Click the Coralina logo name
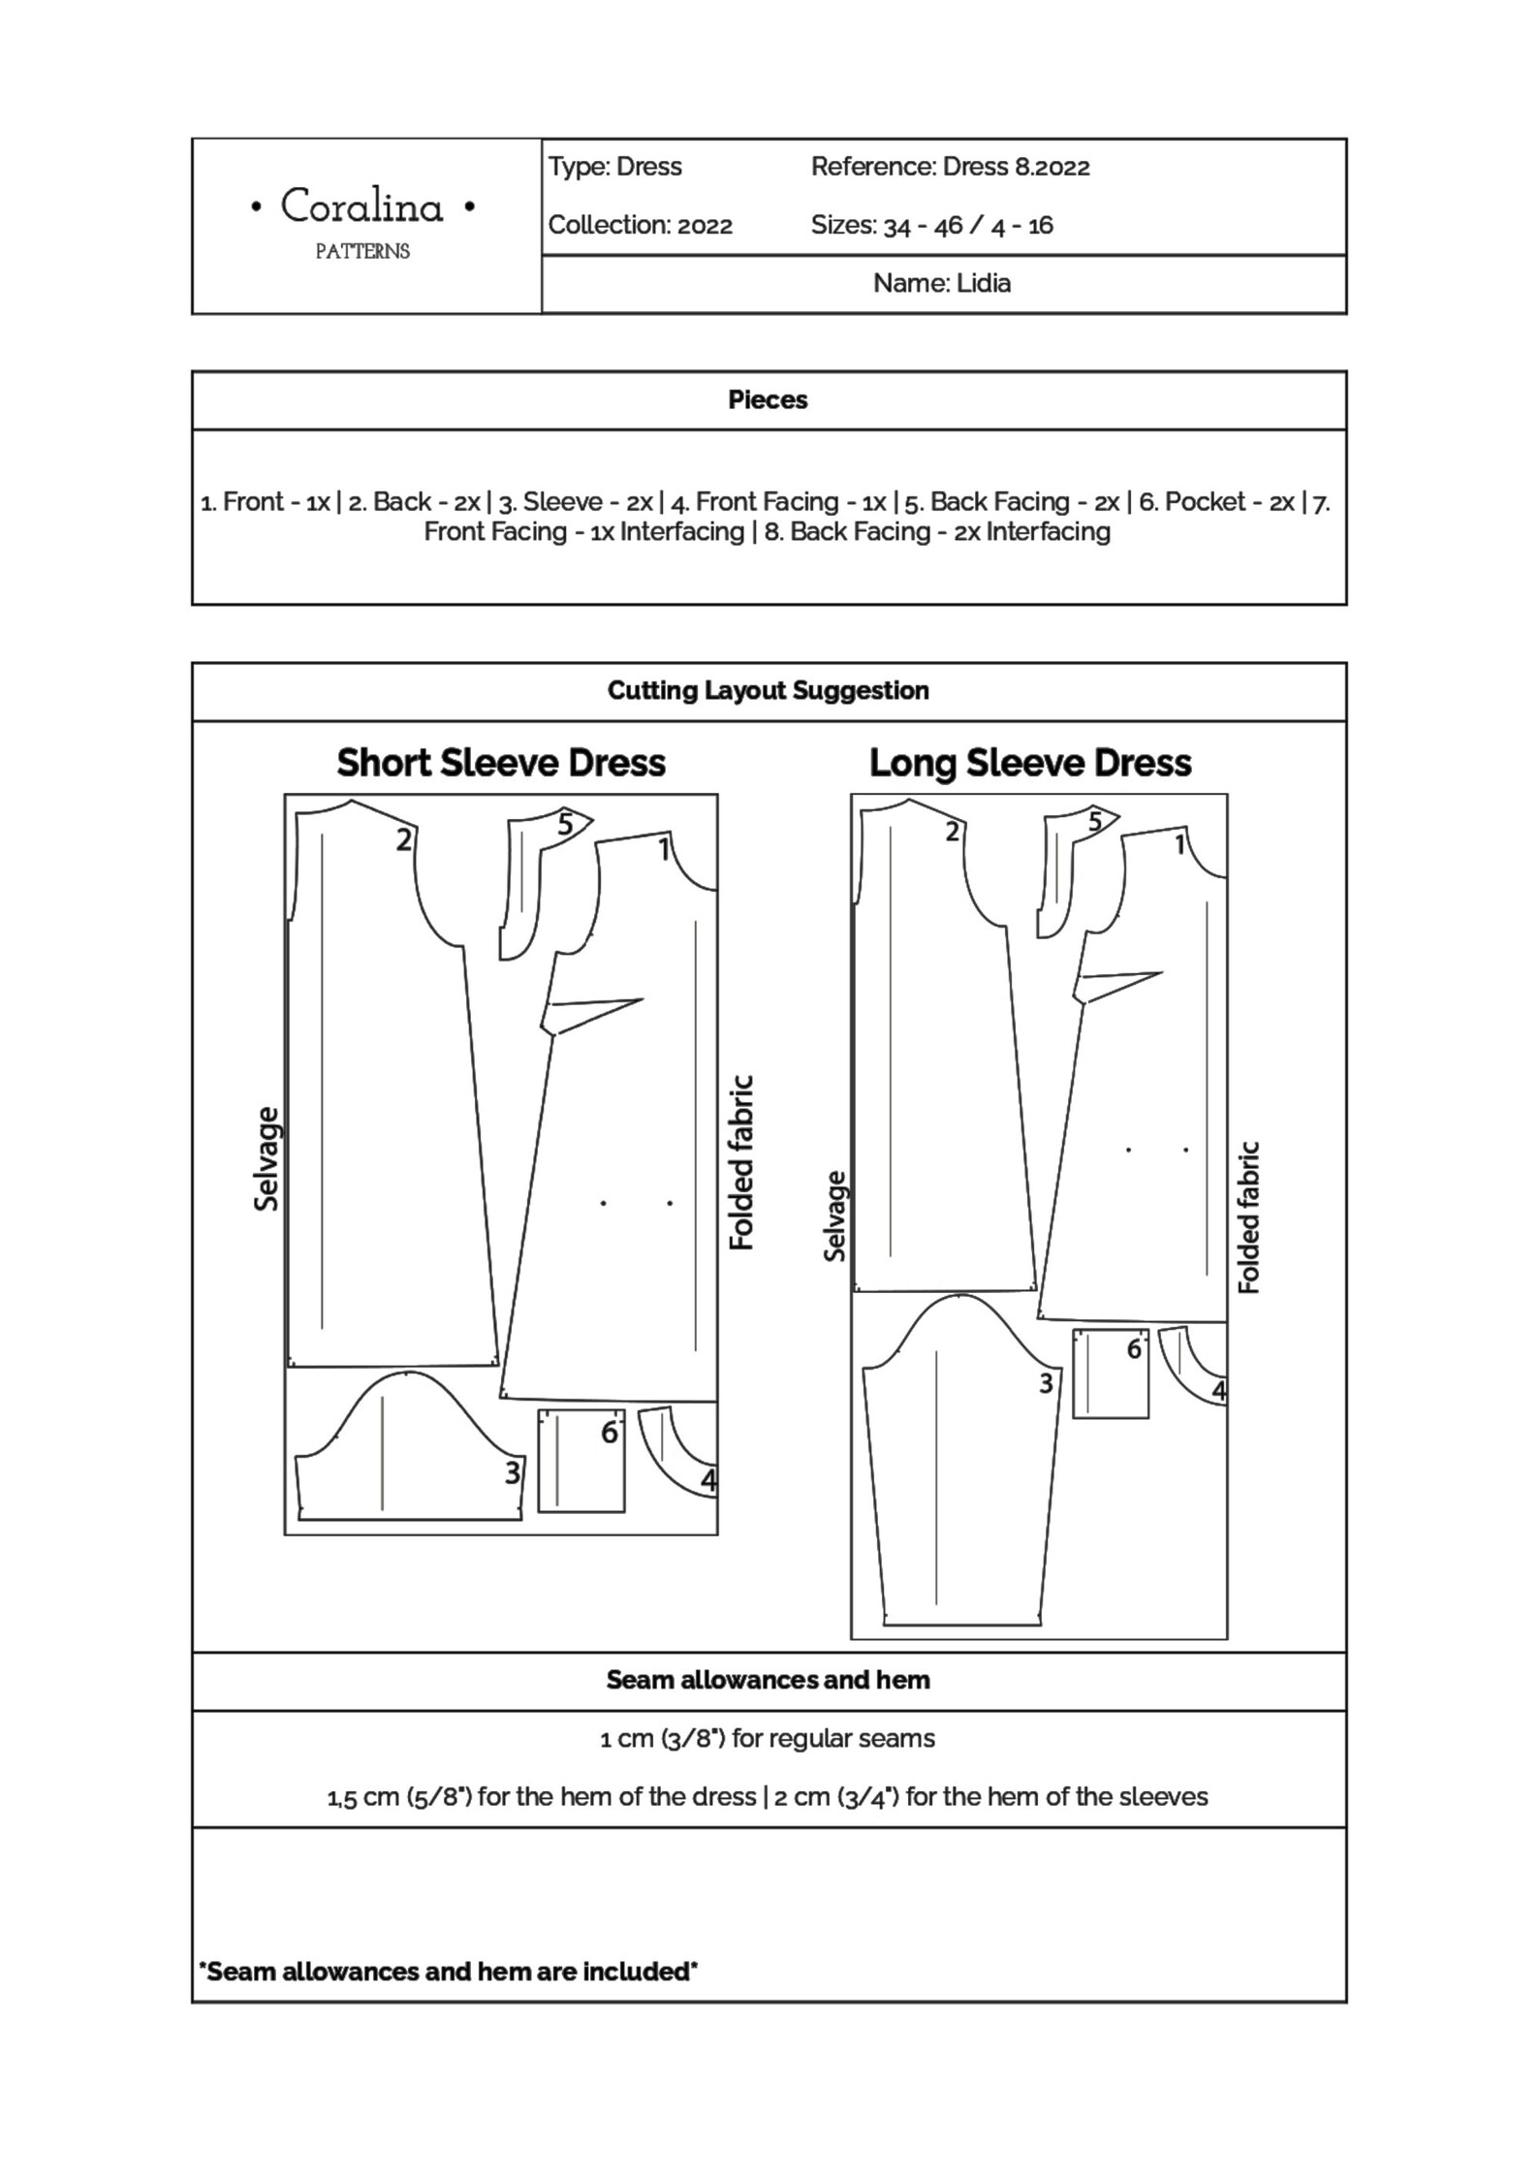pyautogui.click(x=362, y=206)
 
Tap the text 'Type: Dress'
pyautogui.click(x=615, y=167)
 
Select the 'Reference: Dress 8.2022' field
pyautogui.click(x=950, y=167)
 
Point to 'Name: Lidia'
pyautogui.click(x=942, y=283)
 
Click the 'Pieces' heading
pyautogui.click(x=768, y=399)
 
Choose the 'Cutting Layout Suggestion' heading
pyautogui.click(x=768, y=690)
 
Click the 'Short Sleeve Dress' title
pyautogui.click(x=501, y=763)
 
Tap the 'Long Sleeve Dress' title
pyautogui.click(x=1030, y=763)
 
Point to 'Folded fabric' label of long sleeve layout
pyautogui.click(x=1249, y=1216)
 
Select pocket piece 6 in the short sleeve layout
pyautogui.click(x=581, y=1460)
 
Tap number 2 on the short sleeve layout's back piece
pyautogui.click(x=404, y=839)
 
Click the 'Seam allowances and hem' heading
pyautogui.click(x=768, y=1680)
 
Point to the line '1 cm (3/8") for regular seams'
pyautogui.click(x=768, y=1738)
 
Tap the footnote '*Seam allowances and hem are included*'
pyautogui.click(x=448, y=1971)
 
